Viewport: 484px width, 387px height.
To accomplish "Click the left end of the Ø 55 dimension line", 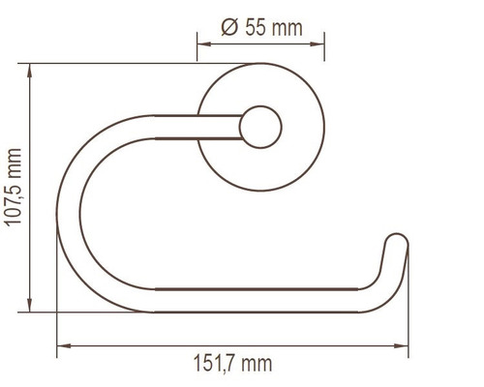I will click(x=197, y=43).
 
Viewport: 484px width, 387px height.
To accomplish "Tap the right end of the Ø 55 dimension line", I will click(x=324, y=43).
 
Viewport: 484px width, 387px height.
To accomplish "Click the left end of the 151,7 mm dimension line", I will click(x=57, y=344).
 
